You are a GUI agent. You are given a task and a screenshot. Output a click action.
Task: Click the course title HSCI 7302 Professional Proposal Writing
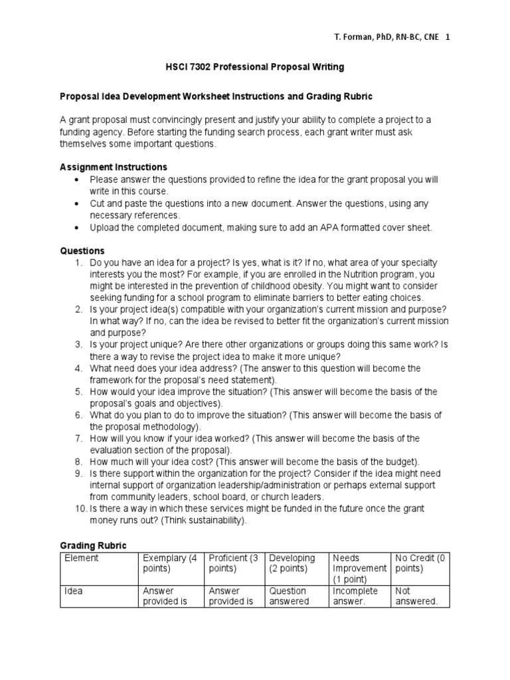pyautogui.click(x=254, y=67)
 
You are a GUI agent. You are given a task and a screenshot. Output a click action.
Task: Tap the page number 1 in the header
pyautogui.click(x=448, y=37)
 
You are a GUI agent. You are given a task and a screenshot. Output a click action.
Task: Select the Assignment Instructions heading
pyautogui.click(x=114, y=167)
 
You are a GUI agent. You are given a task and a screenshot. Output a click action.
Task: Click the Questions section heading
pyautogui.click(x=82, y=251)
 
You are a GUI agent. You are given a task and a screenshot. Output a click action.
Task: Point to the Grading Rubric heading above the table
pyautogui.click(x=93, y=545)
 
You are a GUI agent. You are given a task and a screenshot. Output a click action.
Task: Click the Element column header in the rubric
pyautogui.click(x=81, y=558)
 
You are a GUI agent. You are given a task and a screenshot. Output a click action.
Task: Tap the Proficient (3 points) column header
pyautogui.click(x=233, y=563)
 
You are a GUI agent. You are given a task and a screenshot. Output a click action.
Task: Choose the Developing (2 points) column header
pyautogui.click(x=292, y=563)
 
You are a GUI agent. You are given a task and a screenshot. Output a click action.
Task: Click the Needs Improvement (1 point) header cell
pyautogui.click(x=359, y=568)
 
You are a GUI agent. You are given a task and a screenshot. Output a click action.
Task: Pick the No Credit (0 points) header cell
pyautogui.click(x=420, y=563)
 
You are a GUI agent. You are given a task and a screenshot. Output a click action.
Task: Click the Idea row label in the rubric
pyautogui.click(x=74, y=590)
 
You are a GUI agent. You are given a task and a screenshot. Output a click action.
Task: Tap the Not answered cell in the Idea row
pyautogui.click(x=416, y=596)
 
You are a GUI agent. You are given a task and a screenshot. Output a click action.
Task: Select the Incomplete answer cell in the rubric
pyautogui.click(x=355, y=596)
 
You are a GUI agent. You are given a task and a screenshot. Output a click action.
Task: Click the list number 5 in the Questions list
pyautogui.click(x=78, y=392)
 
